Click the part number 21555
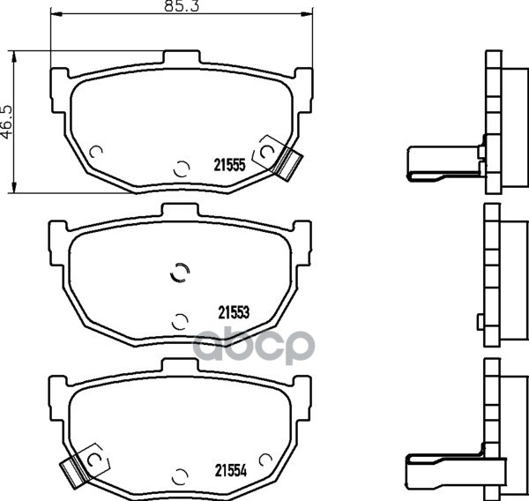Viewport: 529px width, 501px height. coord(229,165)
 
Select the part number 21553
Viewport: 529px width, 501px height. coord(234,312)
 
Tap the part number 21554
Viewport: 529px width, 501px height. coord(231,470)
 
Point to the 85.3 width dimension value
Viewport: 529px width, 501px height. coord(182,6)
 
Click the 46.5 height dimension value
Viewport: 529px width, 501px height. coord(7,123)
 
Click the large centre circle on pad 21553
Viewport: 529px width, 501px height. coord(180,272)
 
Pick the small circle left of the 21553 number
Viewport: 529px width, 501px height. coord(180,322)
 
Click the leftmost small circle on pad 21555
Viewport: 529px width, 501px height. coord(96,152)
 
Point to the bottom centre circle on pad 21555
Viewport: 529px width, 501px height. coord(182,168)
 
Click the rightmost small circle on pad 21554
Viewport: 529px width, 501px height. coord(265,460)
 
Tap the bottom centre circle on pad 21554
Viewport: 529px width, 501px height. coord(180,476)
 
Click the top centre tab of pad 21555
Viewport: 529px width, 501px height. coord(182,56)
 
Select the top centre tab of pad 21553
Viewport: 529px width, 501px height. coord(180,210)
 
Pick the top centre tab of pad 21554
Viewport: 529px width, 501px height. coord(180,365)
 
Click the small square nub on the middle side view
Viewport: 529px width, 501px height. coord(481,322)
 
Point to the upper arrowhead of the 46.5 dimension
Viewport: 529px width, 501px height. coord(14,56)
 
